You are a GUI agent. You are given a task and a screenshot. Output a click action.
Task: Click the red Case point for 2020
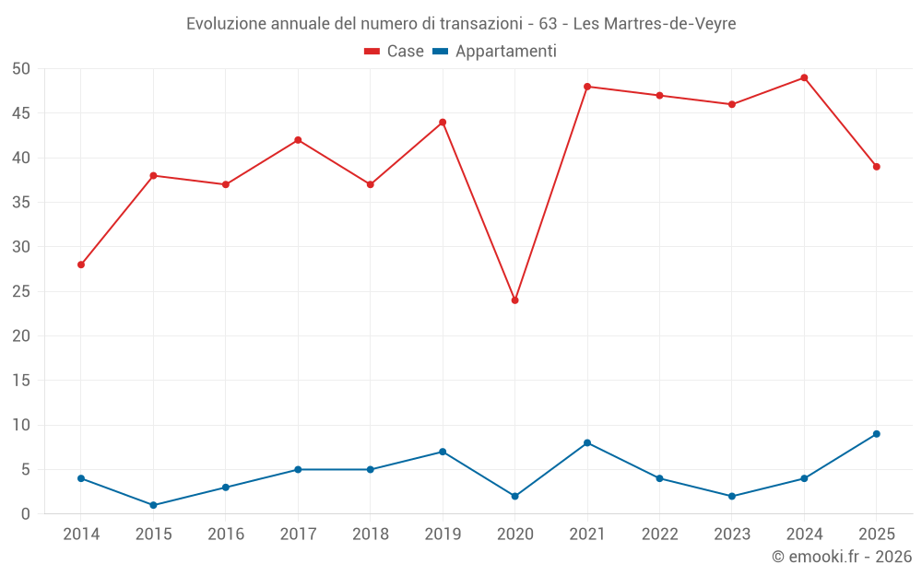[x=515, y=300]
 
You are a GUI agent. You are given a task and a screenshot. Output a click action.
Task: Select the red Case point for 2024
[x=804, y=77]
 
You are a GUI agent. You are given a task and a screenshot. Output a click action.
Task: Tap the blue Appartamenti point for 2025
[x=877, y=434]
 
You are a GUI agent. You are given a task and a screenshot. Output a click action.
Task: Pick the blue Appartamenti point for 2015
[x=153, y=505]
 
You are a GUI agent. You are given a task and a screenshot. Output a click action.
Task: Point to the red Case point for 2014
[x=81, y=264]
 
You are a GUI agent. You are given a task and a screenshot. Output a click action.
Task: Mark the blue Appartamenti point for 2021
[x=587, y=442]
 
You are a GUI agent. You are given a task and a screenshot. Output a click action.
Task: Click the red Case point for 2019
[x=443, y=123]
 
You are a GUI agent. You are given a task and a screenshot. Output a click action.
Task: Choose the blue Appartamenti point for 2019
[x=443, y=452]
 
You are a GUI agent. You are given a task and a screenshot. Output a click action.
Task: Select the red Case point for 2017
[x=298, y=140]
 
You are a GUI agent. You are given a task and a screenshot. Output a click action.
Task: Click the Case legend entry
[x=394, y=51]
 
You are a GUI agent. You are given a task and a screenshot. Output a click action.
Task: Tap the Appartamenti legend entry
[x=494, y=51]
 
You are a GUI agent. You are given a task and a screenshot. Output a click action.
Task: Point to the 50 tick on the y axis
[x=20, y=69]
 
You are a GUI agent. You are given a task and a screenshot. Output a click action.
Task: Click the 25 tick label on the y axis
[x=20, y=291]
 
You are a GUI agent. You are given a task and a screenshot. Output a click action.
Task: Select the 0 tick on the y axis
[x=25, y=513]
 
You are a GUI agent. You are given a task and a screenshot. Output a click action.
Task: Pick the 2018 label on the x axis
[x=371, y=534]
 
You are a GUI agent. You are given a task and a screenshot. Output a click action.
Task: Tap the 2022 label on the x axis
[x=660, y=534]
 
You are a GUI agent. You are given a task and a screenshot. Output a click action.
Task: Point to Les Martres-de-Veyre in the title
[x=655, y=24]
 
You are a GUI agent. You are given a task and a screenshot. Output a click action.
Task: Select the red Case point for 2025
[x=877, y=166]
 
